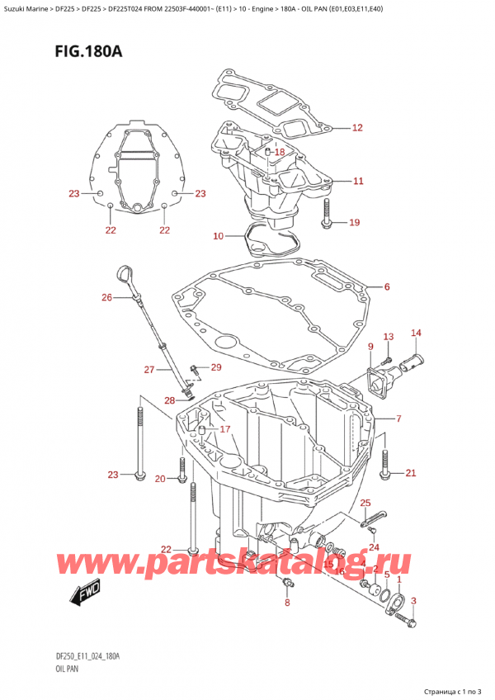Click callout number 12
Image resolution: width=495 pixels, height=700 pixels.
[x=356, y=128]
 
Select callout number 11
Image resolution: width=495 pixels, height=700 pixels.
[x=356, y=181]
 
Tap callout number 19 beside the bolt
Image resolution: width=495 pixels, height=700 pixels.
[x=355, y=222]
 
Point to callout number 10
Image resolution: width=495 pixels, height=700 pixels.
[x=218, y=237]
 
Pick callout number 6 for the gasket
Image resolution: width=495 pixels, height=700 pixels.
[x=386, y=287]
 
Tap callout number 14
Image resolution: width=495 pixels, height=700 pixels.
[x=416, y=333]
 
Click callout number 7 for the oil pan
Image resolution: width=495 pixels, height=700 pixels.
[x=398, y=419]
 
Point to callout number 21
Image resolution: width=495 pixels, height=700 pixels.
[x=410, y=473]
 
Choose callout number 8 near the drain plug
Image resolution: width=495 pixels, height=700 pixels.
[x=286, y=603]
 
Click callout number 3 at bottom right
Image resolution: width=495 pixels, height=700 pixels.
[x=413, y=601]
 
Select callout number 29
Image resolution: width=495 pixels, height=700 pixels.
[x=216, y=367]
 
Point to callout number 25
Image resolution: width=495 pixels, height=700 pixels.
[x=365, y=503]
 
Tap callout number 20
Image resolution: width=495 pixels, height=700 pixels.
[x=159, y=479]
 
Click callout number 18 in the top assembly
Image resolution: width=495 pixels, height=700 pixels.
[x=279, y=153]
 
